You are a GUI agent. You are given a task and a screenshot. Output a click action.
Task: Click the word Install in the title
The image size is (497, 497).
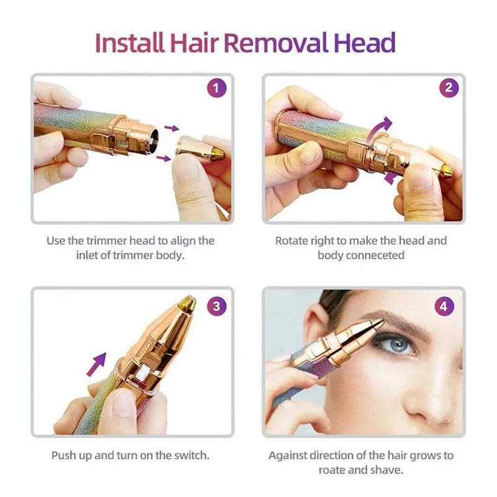click(x=129, y=43)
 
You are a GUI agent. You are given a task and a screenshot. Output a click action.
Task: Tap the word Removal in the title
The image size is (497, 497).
click(x=276, y=43)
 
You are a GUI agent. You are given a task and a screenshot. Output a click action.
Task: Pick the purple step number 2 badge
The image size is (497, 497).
click(x=449, y=88)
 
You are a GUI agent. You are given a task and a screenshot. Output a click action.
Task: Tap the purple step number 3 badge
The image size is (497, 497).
click(x=216, y=306)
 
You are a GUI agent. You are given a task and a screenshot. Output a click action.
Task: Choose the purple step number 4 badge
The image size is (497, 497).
click(x=445, y=306)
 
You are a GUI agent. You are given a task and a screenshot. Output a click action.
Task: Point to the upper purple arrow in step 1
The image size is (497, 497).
click(x=171, y=128)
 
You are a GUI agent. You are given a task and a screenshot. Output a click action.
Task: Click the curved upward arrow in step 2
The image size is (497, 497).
click(x=380, y=127)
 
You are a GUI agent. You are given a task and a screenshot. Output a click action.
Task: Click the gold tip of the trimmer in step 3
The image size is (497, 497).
click(x=187, y=303)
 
